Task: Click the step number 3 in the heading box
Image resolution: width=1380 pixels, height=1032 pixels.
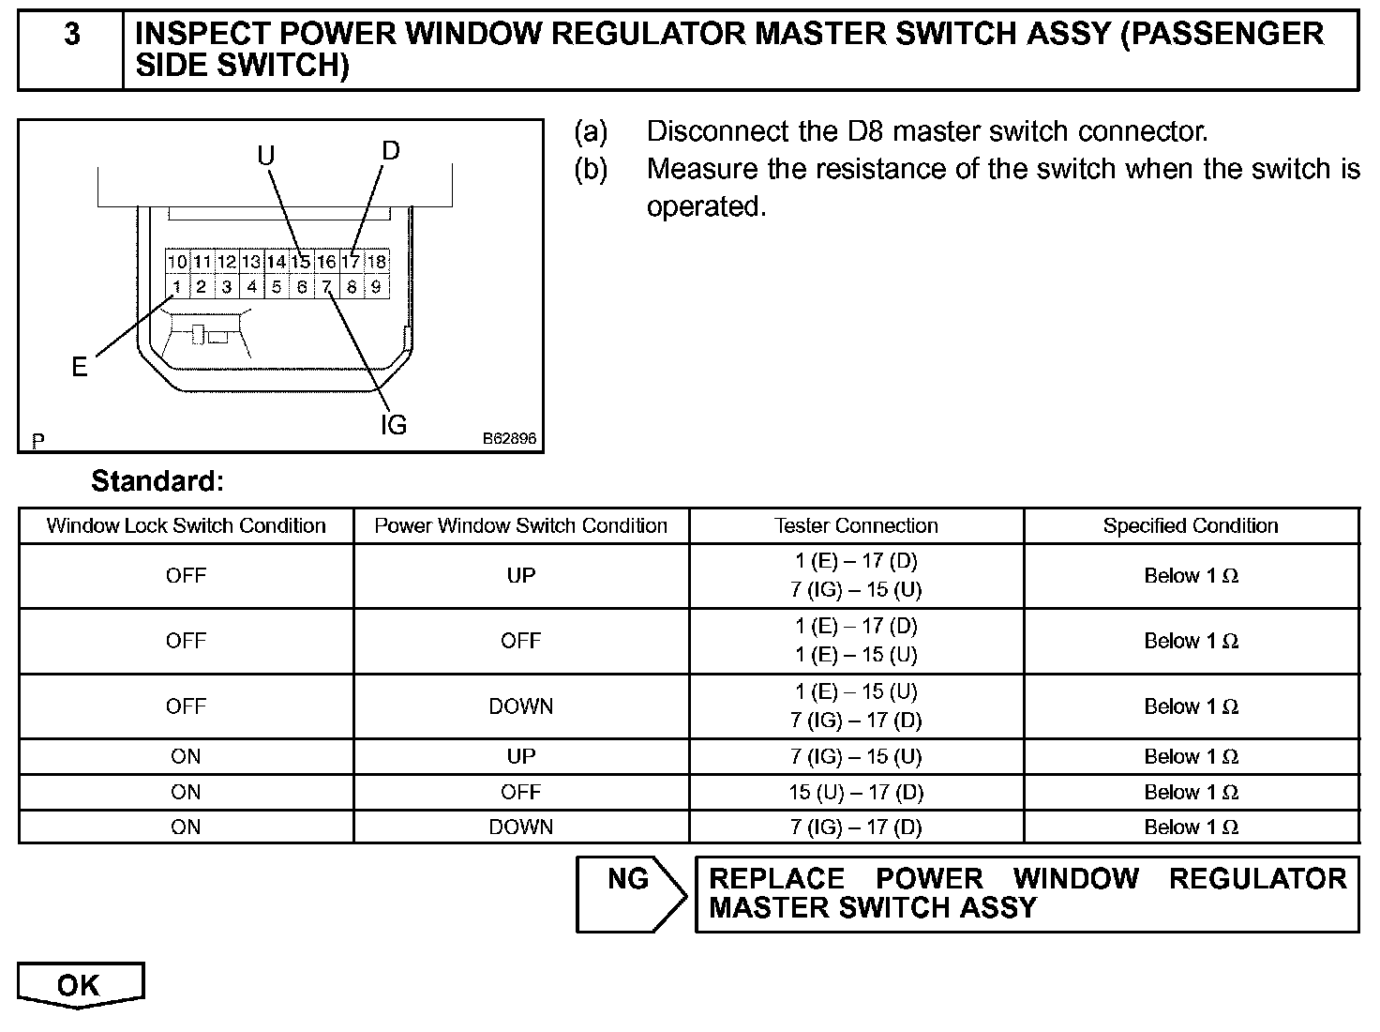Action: [x=72, y=36]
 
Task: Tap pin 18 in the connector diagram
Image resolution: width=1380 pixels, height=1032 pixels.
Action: [x=376, y=262]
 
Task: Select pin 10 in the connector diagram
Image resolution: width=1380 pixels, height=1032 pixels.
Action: [x=177, y=262]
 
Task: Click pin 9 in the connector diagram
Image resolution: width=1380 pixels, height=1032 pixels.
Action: [x=376, y=287]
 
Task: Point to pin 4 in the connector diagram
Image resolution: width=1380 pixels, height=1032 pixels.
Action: [x=251, y=287]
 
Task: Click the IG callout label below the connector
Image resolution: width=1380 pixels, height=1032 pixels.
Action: [x=394, y=425]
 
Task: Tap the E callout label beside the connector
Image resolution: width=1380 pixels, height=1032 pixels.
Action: [x=80, y=367]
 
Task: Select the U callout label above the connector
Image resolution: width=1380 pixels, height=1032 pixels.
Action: [x=266, y=156]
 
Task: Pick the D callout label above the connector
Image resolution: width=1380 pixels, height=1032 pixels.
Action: [x=391, y=151]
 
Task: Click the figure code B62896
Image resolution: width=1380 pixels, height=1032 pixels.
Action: [x=509, y=438]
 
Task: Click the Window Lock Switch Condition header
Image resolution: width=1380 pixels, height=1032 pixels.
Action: [x=186, y=525]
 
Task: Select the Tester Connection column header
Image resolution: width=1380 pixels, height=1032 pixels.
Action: [x=856, y=525]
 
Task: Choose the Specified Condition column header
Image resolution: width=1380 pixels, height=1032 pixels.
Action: [x=1191, y=525]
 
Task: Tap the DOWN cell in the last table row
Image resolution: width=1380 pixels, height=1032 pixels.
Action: [x=521, y=827]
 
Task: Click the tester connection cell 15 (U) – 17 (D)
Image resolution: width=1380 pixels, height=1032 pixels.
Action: [x=856, y=792]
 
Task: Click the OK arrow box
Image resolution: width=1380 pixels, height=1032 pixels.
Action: [x=80, y=985]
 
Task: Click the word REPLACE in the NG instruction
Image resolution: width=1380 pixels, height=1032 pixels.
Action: [x=776, y=879]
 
